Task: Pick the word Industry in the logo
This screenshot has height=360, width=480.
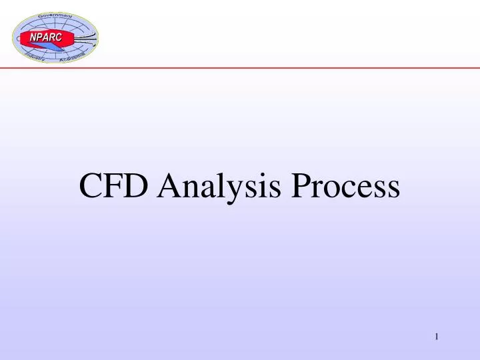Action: (x=33, y=59)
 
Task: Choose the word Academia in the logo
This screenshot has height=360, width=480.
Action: (x=73, y=59)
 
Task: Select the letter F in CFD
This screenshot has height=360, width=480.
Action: (x=114, y=186)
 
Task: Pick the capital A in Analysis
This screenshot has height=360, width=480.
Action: (x=171, y=186)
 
